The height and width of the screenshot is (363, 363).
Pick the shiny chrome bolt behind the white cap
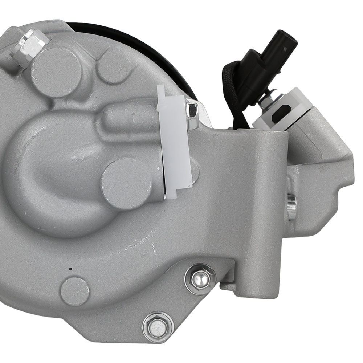click(x=192, y=114)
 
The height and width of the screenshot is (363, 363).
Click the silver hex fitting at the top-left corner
click(x=29, y=47)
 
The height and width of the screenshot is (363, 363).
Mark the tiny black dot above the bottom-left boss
click(x=70, y=269)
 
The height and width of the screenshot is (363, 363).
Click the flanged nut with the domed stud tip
click(x=200, y=279)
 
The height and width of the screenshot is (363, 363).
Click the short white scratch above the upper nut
click(x=154, y=248)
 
